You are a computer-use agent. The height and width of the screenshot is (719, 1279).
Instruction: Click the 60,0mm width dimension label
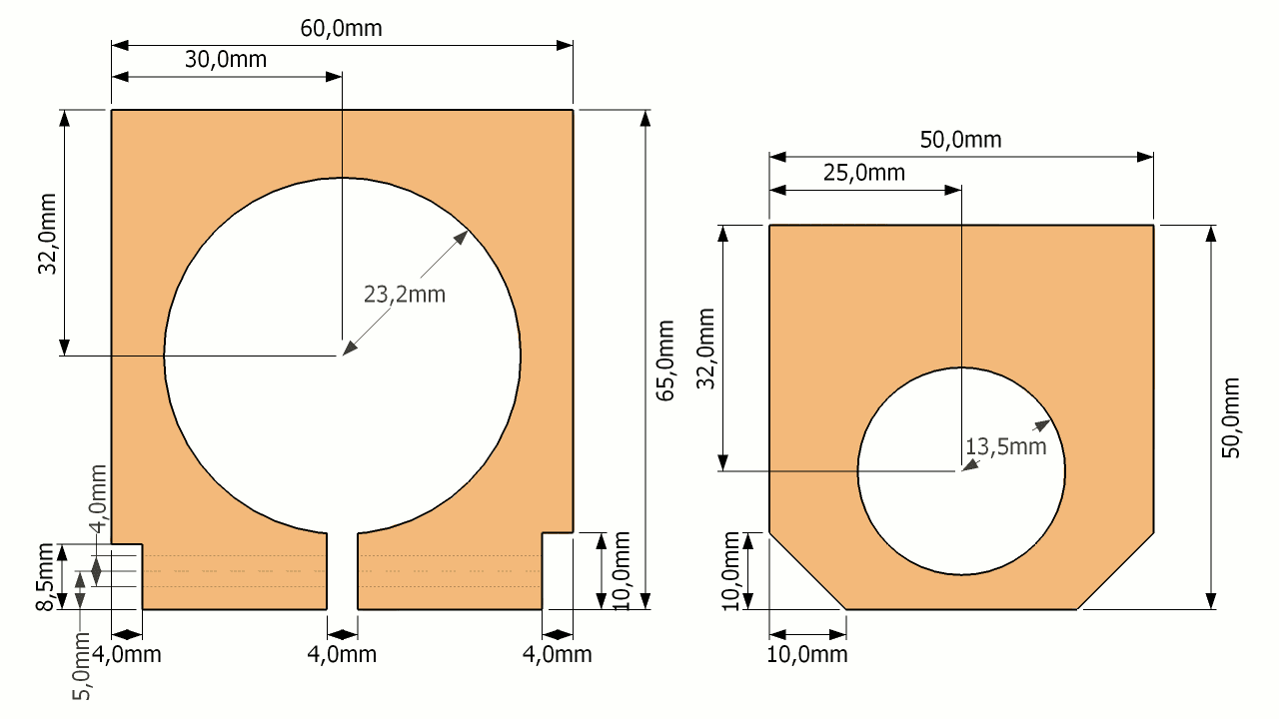pos(341,28)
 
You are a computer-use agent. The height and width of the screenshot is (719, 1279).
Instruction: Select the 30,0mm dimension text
pos(226,59)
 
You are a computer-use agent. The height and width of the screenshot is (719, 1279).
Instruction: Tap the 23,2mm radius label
pos(404,295)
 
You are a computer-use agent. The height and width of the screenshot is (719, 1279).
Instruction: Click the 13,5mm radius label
pos(1006,446)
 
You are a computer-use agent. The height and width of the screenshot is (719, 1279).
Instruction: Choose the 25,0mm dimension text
pos(864,173)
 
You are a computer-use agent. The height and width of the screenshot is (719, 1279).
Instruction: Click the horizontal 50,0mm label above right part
pos(960,140)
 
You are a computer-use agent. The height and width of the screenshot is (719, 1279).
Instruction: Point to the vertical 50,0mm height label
pos(1231,417)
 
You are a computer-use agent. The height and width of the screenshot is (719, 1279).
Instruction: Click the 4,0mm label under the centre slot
pos(343,655)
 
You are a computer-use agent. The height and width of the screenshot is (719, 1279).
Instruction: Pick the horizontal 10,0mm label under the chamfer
pos(807,655)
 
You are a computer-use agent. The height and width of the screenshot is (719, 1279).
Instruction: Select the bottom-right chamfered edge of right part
pos(1116,570)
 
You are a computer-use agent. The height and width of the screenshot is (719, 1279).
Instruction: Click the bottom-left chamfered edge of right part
pos(807,570)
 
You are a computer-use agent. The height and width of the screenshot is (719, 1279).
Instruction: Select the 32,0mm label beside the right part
pos(705,349)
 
